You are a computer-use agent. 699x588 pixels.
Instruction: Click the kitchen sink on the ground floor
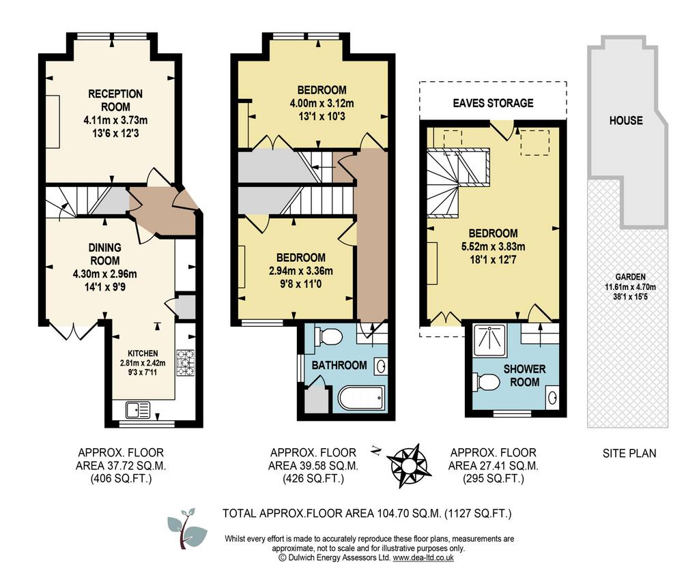(138, 410)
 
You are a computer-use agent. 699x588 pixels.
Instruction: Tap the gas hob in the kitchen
(186, 363)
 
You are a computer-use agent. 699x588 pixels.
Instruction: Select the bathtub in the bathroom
(361, 398)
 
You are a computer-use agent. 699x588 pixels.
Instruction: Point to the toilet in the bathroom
(328, 336)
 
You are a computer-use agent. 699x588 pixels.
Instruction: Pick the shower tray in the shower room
(490, 340)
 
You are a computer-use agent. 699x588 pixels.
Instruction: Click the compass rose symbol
(407, 465)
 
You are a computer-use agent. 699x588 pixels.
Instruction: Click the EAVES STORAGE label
(493, 103)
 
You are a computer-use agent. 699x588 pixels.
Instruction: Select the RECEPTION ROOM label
(115, 100)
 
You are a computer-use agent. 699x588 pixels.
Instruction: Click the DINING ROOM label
(104, 254)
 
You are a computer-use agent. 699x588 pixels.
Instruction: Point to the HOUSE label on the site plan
(626, 120)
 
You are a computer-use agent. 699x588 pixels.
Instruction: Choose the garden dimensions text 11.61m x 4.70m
(630, 287)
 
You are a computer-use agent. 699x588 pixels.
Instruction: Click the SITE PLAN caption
(629, 454)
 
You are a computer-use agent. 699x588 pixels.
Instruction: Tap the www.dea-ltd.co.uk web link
(423, 557)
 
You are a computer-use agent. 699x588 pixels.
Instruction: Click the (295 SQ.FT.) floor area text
(493, 479)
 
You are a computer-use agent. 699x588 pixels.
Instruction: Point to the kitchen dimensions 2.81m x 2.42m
(143, 363)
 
